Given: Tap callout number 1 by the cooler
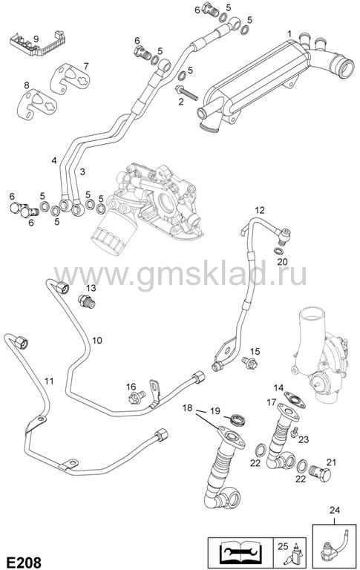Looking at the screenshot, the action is (289, 34).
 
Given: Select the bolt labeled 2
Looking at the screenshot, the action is (186, 92).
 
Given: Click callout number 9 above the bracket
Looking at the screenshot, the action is (36, 38).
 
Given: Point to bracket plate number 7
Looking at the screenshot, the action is (69, 79).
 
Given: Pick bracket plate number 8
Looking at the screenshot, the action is (36, 105).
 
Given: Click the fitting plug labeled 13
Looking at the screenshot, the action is (87, 301).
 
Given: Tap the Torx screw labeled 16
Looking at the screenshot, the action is (137, 397).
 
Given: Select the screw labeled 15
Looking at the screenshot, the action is (250, 362).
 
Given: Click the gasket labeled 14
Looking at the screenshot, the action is (295, 400).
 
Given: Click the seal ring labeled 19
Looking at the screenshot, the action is (239, 419).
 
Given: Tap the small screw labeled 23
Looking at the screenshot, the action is (295, 432).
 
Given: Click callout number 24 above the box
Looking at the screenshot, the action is (334, 510).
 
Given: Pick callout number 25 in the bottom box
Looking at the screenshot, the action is (283, 546).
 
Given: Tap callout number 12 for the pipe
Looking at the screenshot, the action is (260, 210).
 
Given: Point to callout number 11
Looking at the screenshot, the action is (49, 381).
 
